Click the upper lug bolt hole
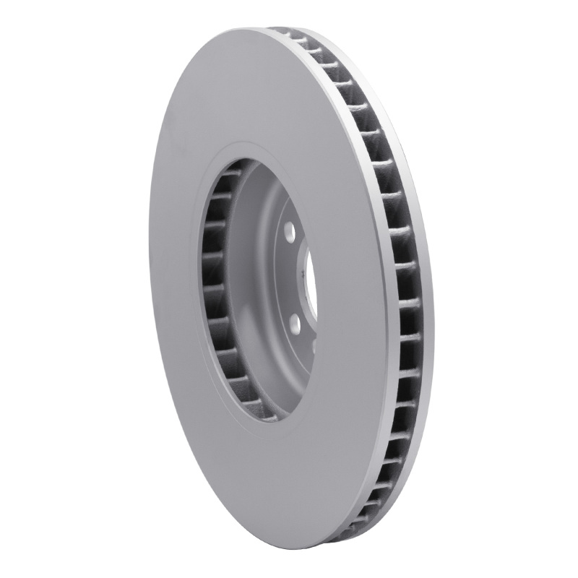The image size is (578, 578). [x=289, y=233]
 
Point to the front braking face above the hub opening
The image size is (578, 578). [x=238, y=87]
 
